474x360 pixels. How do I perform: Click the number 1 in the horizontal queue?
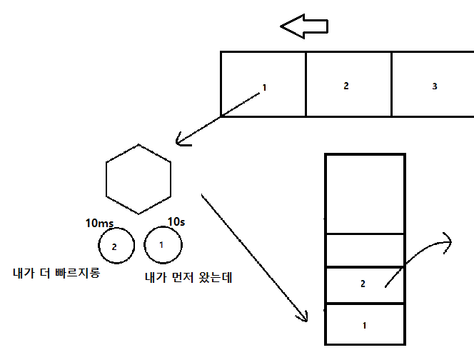pos(264,88)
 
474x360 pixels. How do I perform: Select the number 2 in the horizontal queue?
pos(346,86)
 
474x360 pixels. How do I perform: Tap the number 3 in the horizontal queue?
pos(435,86)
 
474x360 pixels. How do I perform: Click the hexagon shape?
pos(138,179)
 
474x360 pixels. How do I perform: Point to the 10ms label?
pos(99,223)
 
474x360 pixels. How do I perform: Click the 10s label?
pos(176,222)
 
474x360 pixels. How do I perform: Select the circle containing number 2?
pos(116,246)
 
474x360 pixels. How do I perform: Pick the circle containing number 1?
pos(162,245)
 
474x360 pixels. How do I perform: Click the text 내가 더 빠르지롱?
pos(56,273)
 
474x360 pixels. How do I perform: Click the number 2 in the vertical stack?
pos(363,284)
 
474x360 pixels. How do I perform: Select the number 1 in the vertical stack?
pos(364,326)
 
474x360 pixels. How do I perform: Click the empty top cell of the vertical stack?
pos(365,193)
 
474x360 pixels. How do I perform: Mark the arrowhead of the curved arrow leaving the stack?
pos(448,241)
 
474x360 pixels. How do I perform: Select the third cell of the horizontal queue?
pos(433,84)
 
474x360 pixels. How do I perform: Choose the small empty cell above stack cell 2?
pos(365,250)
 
